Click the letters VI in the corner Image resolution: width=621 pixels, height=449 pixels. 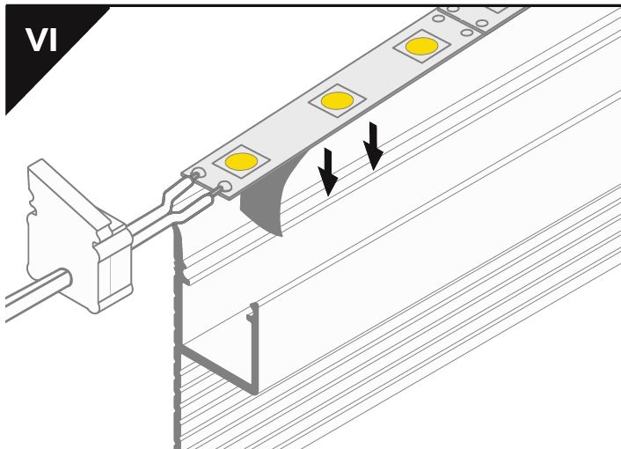coord(41,40)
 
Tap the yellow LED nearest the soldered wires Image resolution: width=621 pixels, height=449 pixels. coord(241,161)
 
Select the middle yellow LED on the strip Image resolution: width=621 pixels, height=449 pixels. coord(337,100)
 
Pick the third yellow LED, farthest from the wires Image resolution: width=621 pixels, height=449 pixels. coord(422,46)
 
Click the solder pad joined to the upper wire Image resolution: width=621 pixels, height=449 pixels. coord(198,173)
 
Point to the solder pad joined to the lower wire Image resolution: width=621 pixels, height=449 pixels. coord(225,187)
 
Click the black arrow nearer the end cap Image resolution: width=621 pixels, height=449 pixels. coord(327,172)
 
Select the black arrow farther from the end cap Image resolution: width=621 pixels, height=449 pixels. coord(373,146)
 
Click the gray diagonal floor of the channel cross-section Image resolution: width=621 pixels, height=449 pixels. coord(219,370)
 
